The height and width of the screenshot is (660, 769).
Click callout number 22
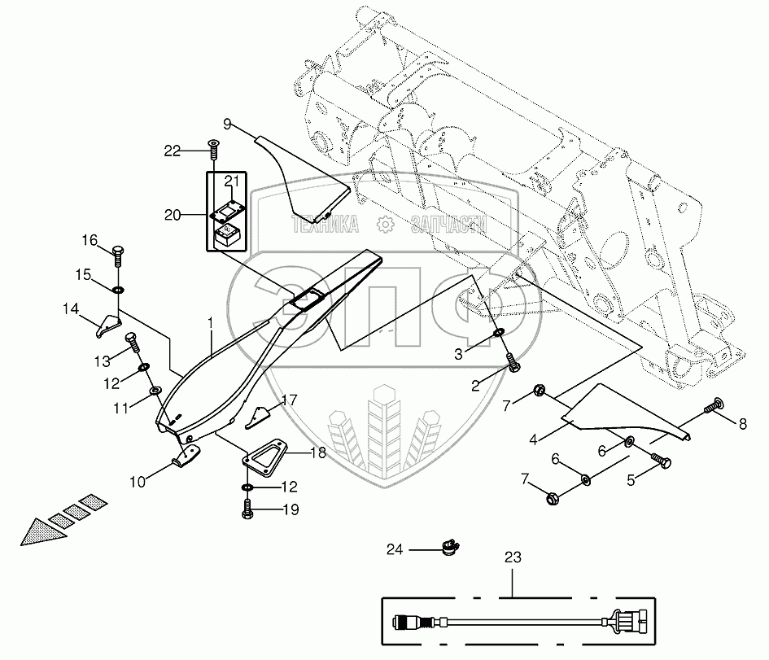[171, 150]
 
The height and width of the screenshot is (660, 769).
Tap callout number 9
[228, 124]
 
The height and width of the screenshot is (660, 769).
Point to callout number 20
[171, 215]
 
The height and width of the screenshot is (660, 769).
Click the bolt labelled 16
[118, 254]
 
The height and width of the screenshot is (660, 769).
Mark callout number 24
[395, 550]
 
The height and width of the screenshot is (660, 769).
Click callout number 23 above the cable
[512, 557]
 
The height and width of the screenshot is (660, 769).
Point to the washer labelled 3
[497, 333]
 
